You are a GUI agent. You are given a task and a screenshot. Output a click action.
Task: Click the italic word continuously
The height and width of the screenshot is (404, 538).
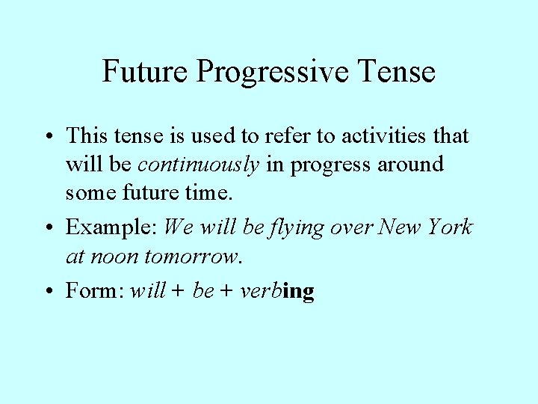(x=199, y=164)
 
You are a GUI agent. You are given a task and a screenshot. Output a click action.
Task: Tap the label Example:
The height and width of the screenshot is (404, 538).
(x=111, y=226)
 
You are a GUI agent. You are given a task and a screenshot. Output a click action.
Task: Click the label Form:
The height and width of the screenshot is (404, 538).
(x=95, y=290)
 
